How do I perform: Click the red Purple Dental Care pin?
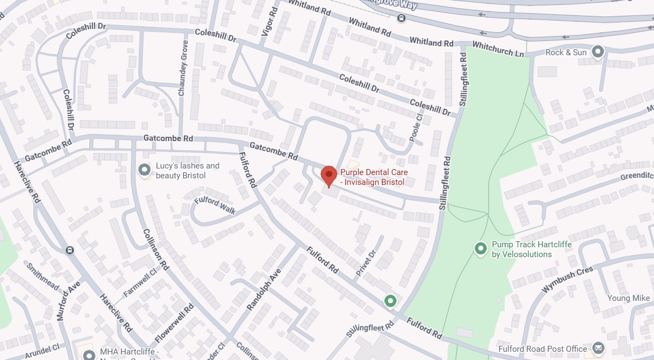328,176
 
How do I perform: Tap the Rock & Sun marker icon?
598,52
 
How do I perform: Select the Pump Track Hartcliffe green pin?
481,249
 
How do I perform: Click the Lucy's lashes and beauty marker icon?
144,170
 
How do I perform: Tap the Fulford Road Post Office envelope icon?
598,349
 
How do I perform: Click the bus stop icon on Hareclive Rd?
70,251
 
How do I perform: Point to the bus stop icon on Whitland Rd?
402,19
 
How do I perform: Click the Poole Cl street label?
420,127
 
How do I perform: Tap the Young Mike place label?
629,298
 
